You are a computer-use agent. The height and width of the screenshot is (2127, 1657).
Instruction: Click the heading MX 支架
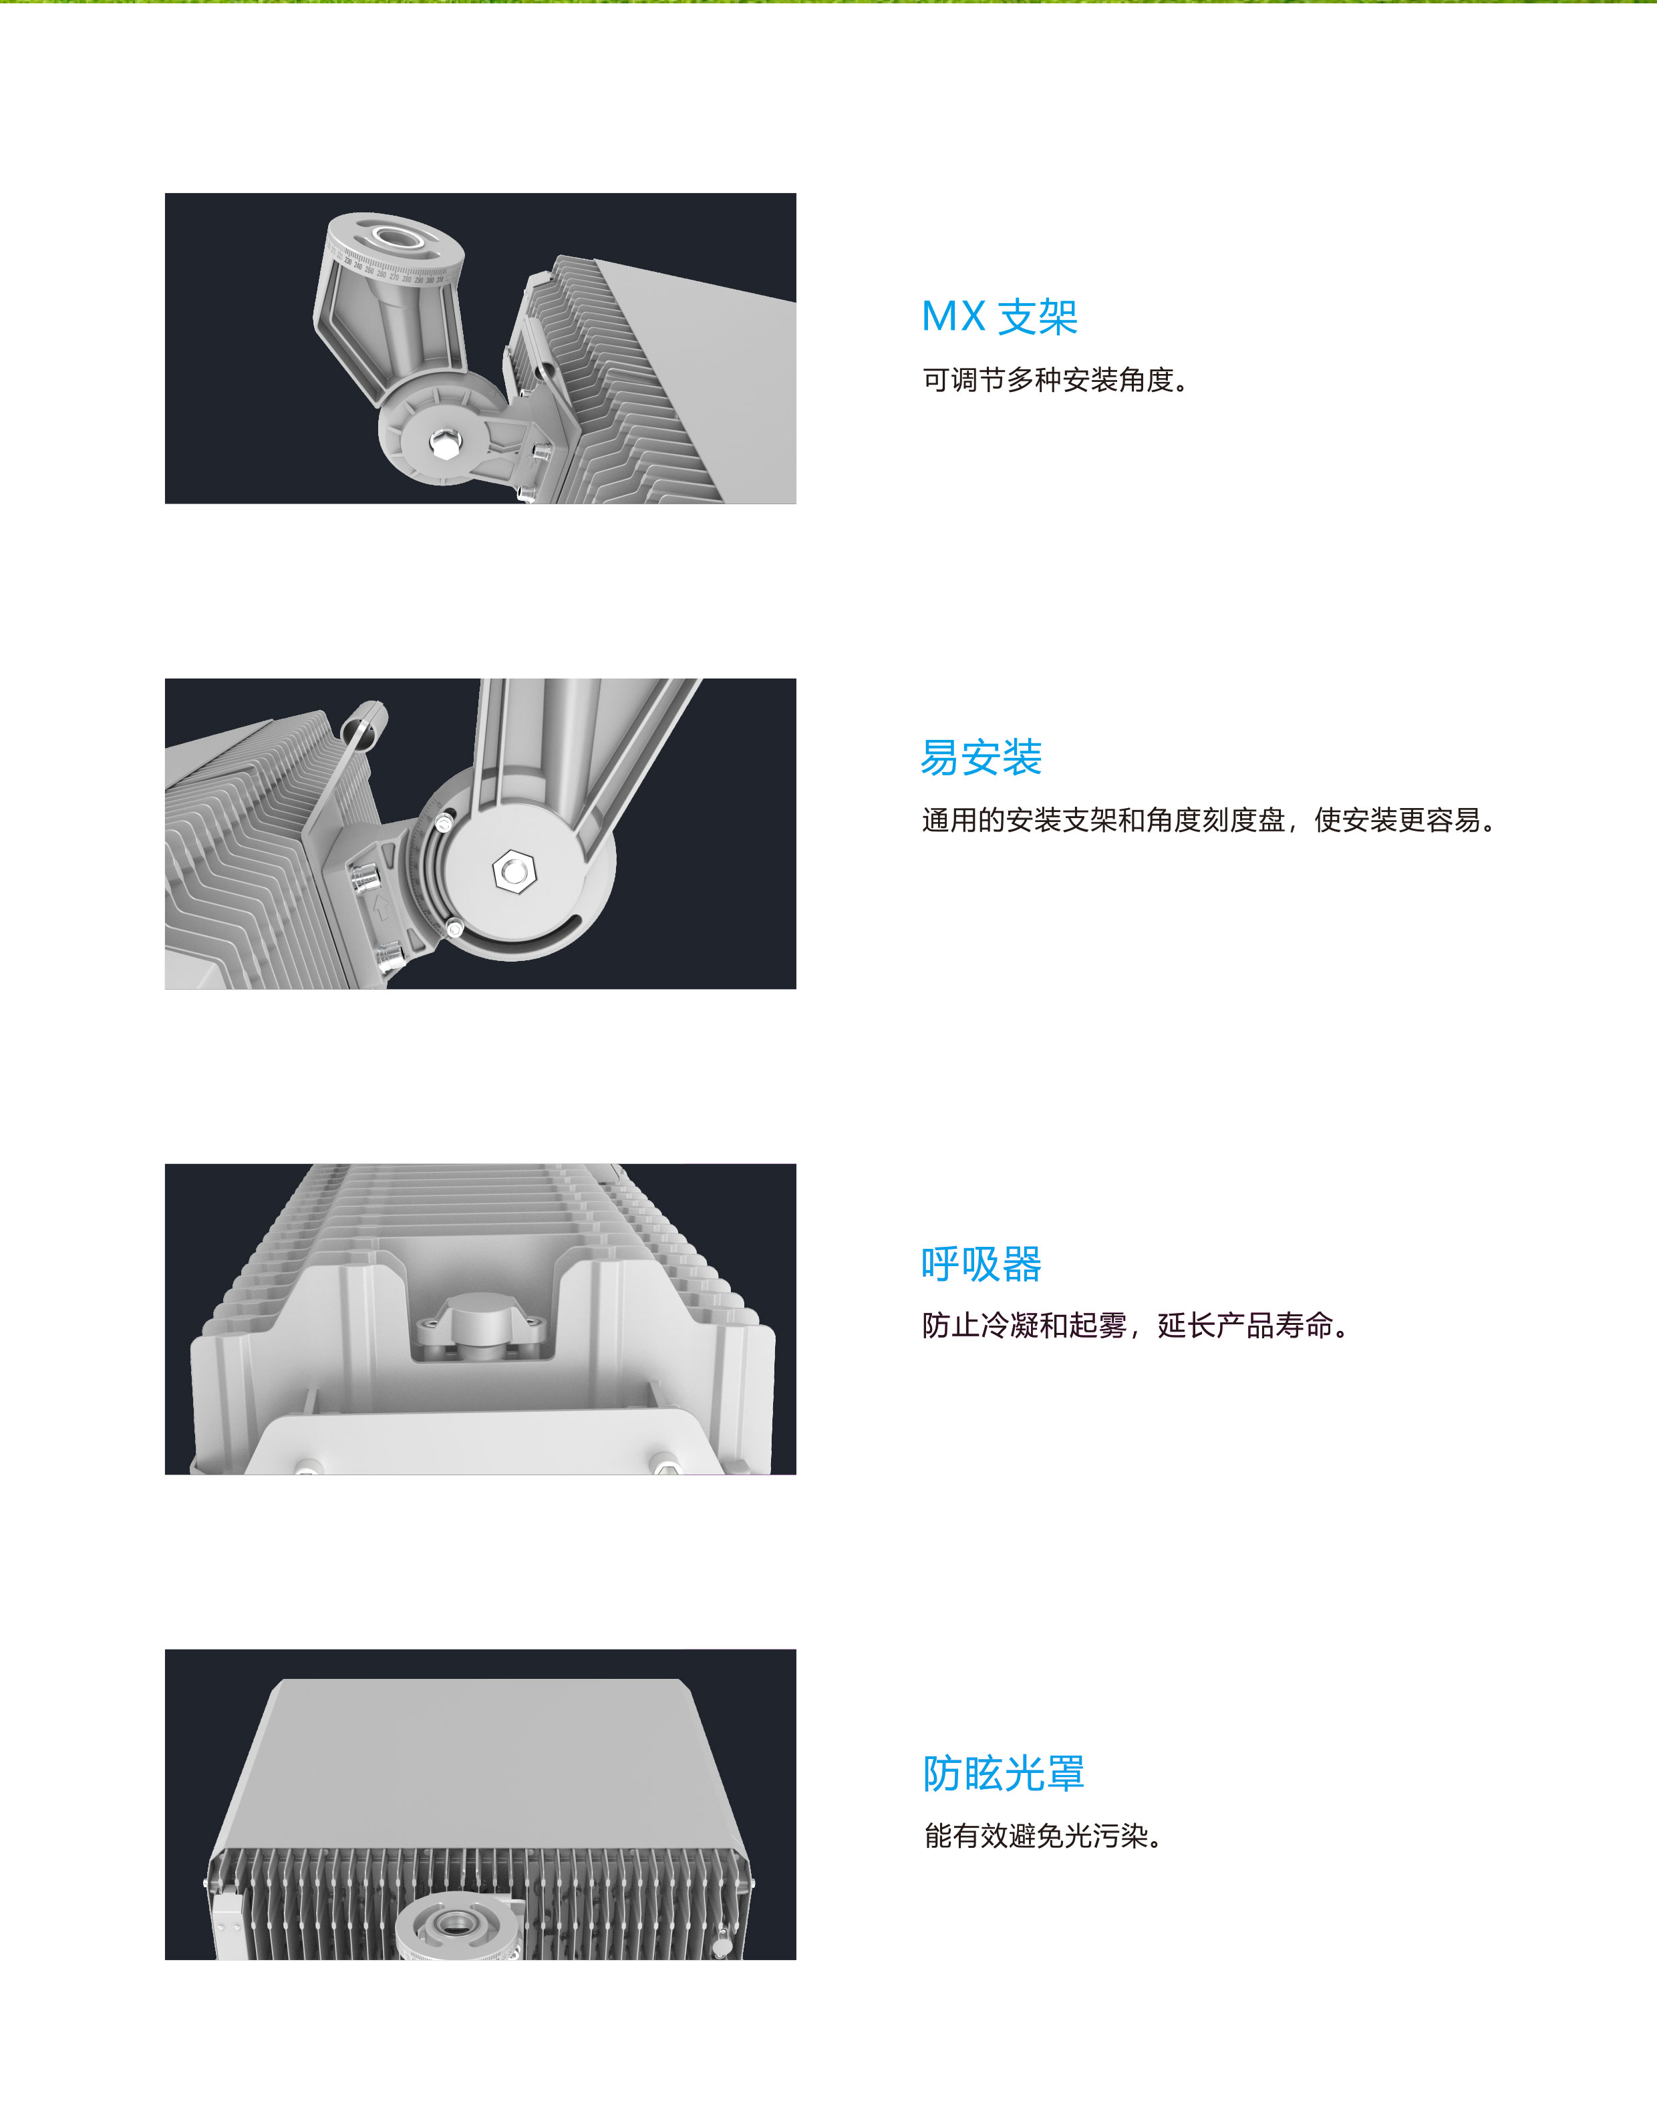(x=1000, y=317)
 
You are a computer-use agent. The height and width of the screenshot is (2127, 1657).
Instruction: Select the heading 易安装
(x=981, y=757)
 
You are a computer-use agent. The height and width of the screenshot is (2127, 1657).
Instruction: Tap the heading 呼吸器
(x=981, y=1264)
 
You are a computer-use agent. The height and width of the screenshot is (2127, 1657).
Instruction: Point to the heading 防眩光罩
(x=1004, y=1774)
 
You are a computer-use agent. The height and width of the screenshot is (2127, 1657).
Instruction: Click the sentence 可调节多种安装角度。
(x=1056, y=380)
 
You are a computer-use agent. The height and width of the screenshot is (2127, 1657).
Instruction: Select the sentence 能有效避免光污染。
(x=1043, y=1836)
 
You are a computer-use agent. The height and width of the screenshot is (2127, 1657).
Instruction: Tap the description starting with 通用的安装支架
(x=1209, y=820)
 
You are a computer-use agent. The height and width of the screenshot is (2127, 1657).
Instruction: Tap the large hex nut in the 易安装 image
(x=513, y=869)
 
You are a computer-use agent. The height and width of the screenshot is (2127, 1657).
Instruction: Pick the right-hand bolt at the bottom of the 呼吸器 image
(x=665, y=1463)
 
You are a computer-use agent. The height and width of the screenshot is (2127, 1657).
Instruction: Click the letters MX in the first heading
(x=953, y=317)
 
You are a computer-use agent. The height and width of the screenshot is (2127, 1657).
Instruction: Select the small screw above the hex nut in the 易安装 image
(x=444, y=825)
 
